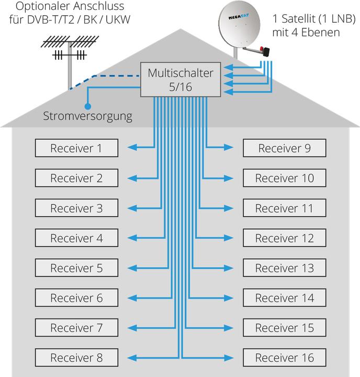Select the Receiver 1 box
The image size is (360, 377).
pyautogui.click(x=76, y=148)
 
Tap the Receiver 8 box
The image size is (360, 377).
pyautogui.click(x=76, y=358)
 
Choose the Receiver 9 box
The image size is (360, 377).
pyautogui.click(x=284, y=148)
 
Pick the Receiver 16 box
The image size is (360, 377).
pyautogui.click(x=284, y=358)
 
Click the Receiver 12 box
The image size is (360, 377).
pyautogui.click(x=284, y=238)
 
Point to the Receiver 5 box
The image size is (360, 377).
pyautogui.click(x=76, y=268)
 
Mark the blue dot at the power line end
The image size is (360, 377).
pyautogui.click(x=87, y=106)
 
